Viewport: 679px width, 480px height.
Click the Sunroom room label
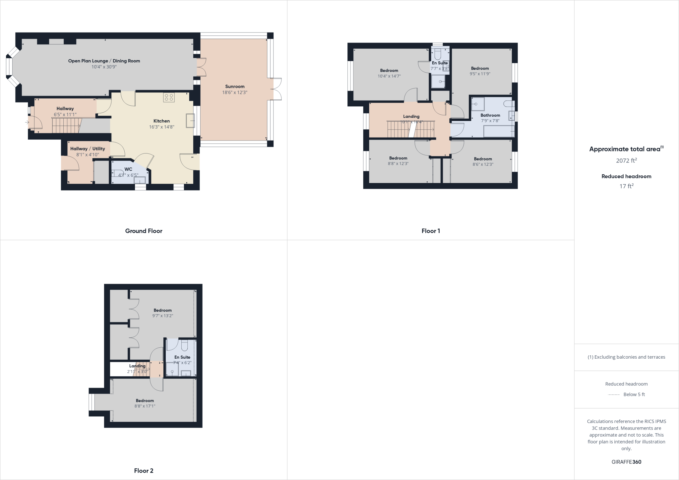(235, 87)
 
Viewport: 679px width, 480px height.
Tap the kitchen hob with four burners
(169, 97)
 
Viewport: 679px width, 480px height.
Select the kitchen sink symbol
(190, 121)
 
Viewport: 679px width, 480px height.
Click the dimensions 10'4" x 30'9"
(104, 67)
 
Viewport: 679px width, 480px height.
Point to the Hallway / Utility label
(88, 149)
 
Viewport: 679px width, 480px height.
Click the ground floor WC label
(128, 169)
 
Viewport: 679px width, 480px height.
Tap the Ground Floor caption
(144, 231)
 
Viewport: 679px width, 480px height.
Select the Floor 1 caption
(431, 231)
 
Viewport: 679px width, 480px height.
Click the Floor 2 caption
(144, 471)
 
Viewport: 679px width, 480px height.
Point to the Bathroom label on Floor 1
(490, 115)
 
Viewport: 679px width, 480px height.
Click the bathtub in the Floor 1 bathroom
(499, 131)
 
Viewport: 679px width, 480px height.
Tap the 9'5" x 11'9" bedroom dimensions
(480, 74)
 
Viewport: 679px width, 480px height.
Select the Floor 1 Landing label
(411, 116)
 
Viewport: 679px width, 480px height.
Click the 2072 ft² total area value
(626, 161)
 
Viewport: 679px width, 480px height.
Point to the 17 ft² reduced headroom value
(626, 186)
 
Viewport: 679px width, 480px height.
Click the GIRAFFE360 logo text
(626, 462)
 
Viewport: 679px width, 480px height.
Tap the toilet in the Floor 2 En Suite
(185, 345)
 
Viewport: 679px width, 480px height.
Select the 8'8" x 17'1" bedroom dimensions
(145, 406)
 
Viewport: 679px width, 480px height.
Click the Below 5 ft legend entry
(634, 394)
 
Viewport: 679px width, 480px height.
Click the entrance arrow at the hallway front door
(27, 123)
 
